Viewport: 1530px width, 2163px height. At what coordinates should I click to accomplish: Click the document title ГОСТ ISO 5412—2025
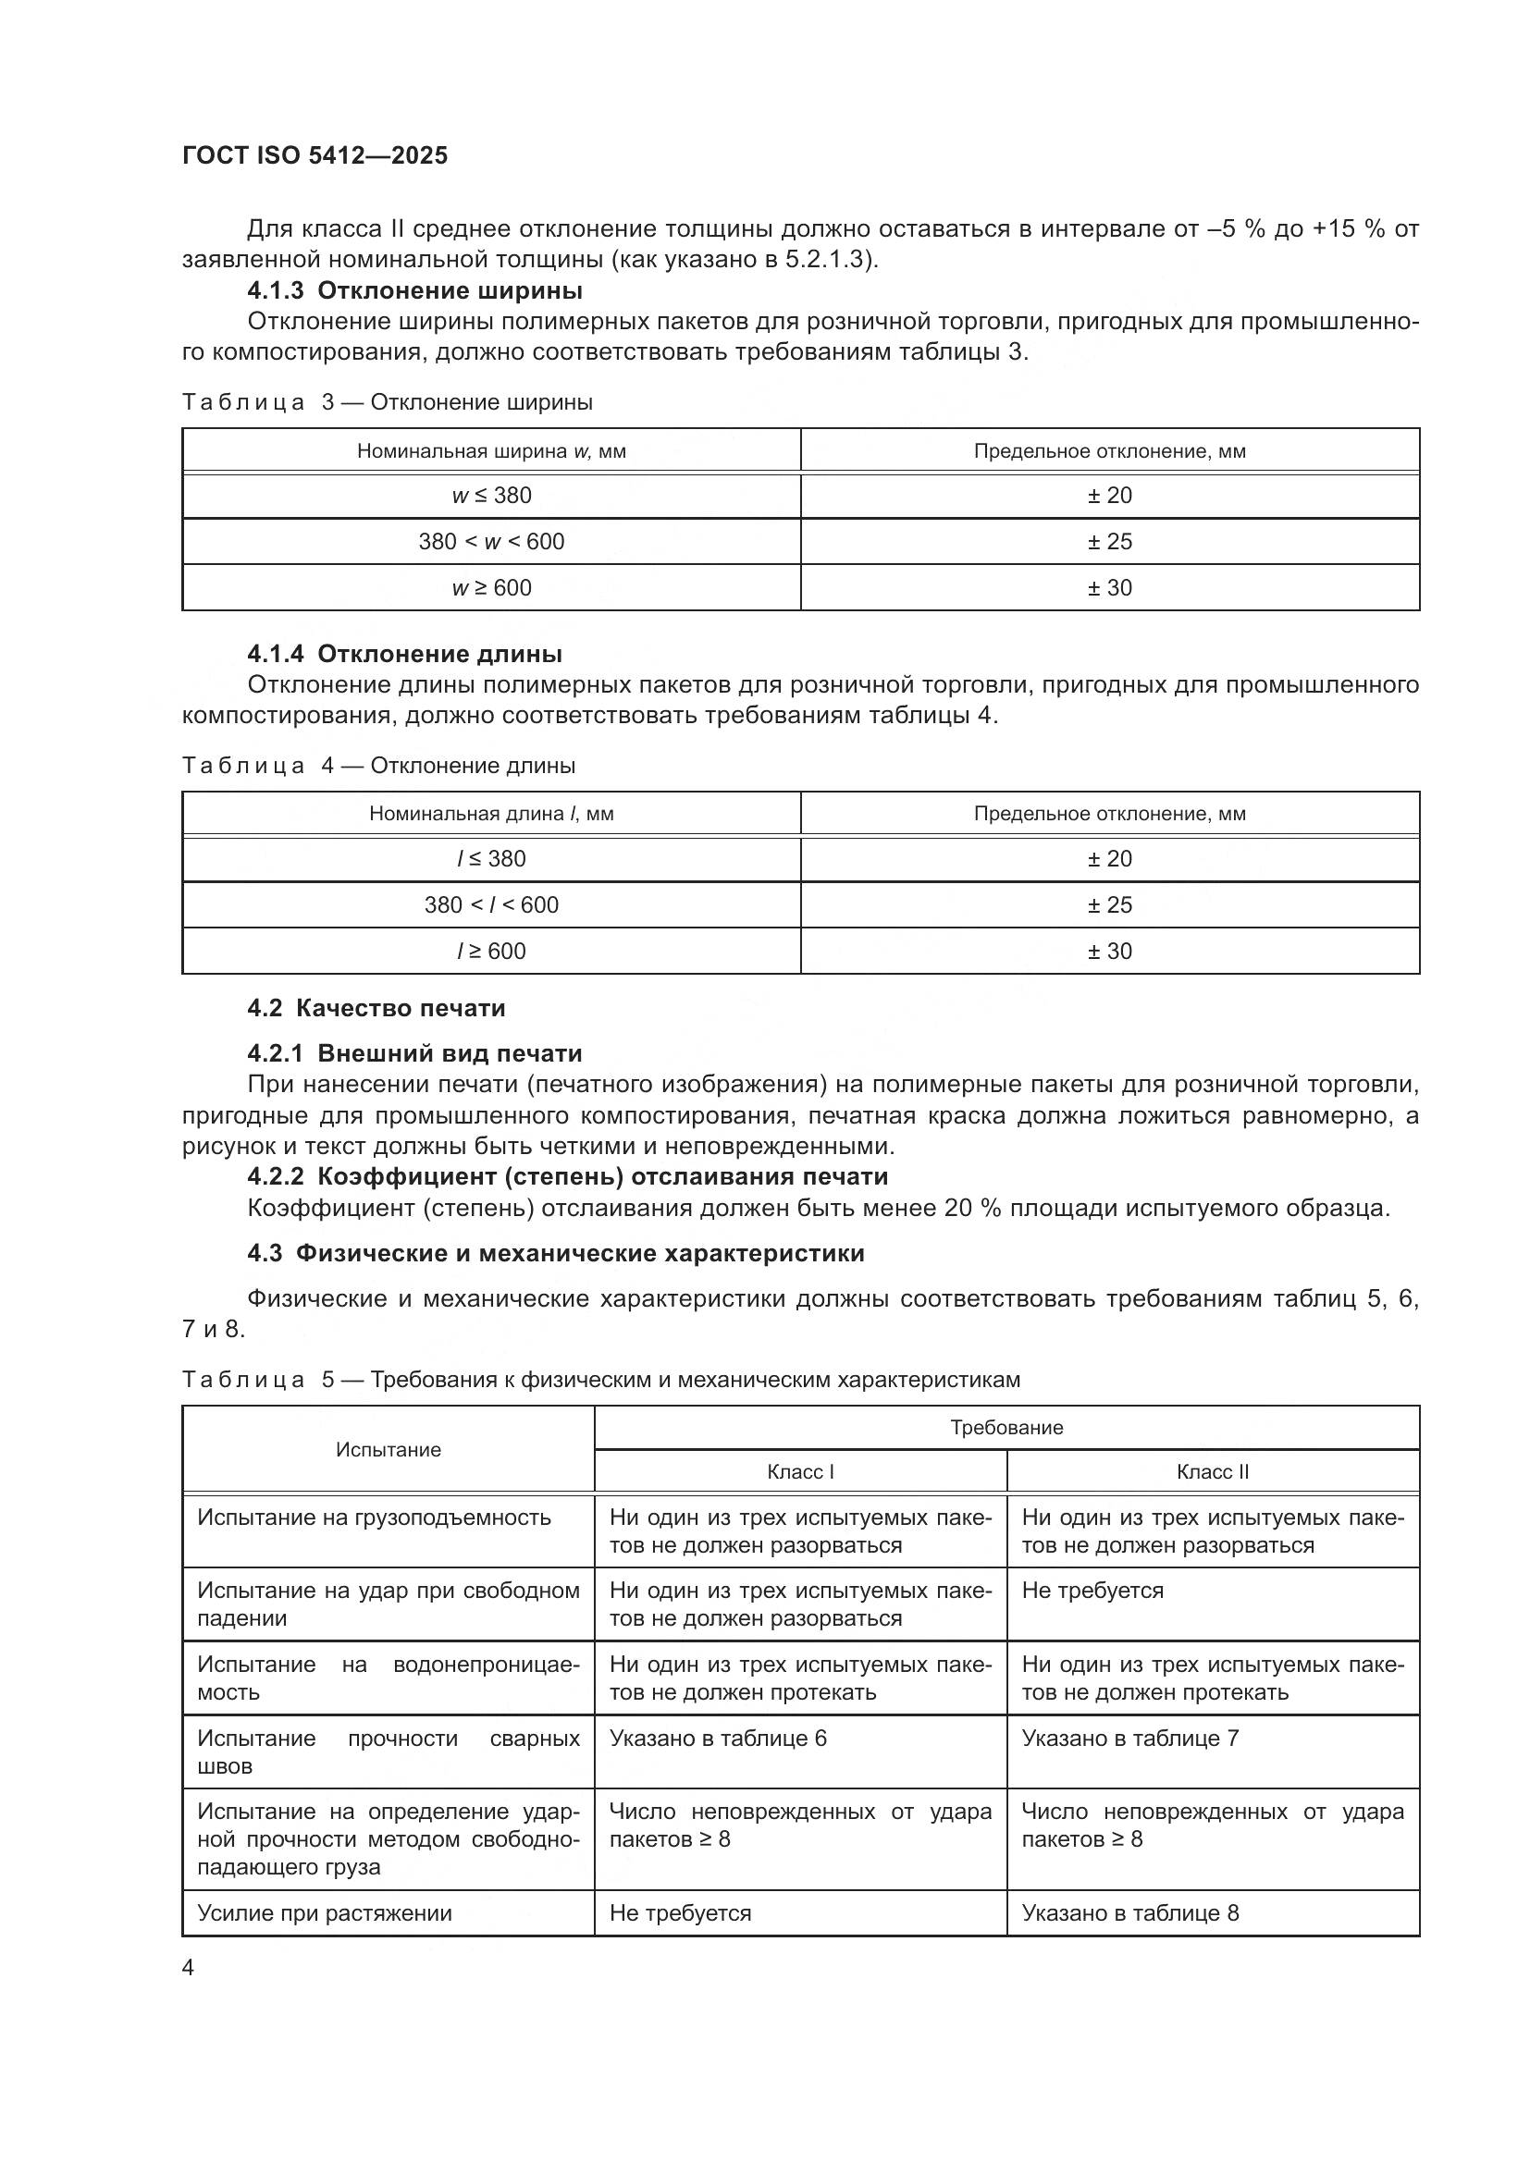pos(315,155)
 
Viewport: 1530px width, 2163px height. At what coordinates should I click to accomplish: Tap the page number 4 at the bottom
pos(188,1968)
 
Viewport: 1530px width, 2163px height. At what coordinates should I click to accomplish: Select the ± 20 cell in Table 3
pos(1109,496)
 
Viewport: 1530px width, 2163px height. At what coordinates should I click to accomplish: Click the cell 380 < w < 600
pos(491,542)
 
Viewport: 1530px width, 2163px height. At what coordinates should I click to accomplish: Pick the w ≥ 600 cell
pos(491,588)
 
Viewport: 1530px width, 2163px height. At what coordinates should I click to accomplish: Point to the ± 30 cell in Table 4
pos(1109,952)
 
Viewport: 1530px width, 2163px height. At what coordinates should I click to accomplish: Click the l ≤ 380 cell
pos(491,859)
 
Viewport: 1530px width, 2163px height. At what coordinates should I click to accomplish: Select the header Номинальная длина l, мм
pos(491,814)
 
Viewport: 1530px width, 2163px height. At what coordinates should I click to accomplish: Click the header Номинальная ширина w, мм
pos(491,451)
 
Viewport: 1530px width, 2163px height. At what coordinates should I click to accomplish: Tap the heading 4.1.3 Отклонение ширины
pos(414,290)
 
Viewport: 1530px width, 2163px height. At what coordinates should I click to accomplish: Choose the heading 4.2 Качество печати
pos(376,1008)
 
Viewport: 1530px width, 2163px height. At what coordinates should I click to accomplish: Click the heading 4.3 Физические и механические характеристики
pos(556,1254)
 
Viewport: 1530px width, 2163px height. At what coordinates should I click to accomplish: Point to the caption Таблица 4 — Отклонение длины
pos(377,766)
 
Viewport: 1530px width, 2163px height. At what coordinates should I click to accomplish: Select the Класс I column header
pos(800,1472)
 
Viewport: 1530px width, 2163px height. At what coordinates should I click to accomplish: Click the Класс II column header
pos(1212,1472)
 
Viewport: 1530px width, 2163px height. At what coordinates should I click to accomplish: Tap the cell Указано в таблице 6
pos(718,1739)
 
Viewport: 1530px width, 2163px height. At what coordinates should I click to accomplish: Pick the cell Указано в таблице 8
pos(1129,1913)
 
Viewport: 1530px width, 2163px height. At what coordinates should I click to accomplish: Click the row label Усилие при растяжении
pos(324,1913)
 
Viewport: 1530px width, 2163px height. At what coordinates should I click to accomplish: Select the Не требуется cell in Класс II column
pos(1092,1592)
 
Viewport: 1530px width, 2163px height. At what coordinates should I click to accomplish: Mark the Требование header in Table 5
pos(1006,1428)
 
